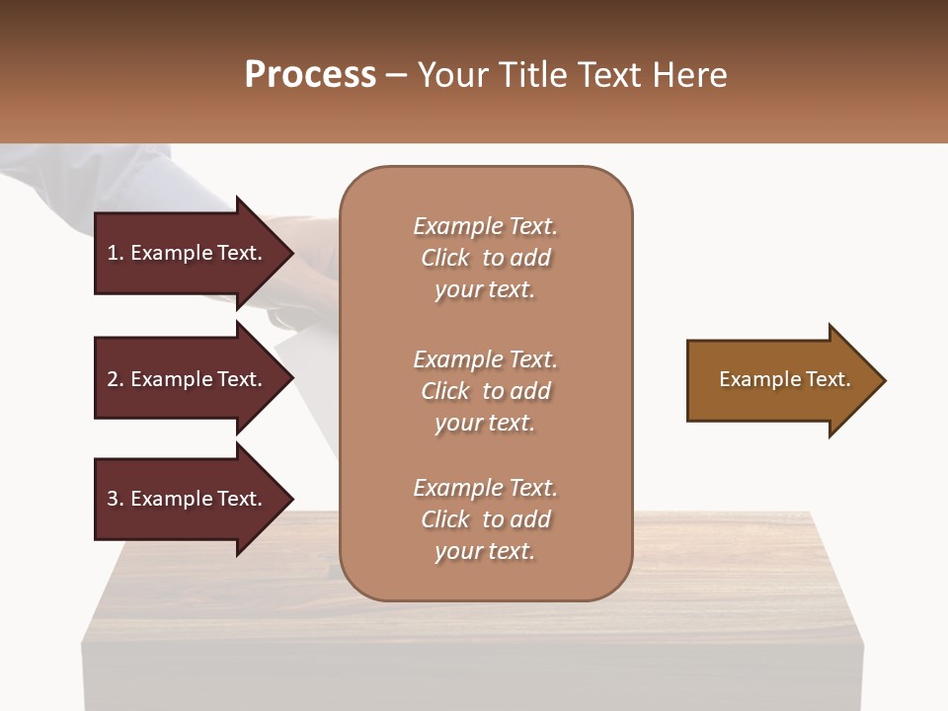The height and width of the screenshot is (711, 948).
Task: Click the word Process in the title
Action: tap(310, 75)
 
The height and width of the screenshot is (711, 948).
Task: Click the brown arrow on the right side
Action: tap(780, 380)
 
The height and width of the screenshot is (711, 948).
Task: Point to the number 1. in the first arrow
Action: tap(116, 253)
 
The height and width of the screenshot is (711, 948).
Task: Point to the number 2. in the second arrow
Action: tap(116, 379)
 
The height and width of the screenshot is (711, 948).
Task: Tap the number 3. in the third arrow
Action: tap(116, 499)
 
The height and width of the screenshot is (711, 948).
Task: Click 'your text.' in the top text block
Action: tap(485, 289)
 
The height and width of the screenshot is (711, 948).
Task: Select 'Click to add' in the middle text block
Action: tap(485, 391)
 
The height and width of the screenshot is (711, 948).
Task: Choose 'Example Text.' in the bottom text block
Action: tap(485, 488)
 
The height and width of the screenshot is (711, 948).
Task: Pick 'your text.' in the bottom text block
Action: tap(485, 551)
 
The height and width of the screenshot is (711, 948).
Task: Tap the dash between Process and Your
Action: tap(397, 75)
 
